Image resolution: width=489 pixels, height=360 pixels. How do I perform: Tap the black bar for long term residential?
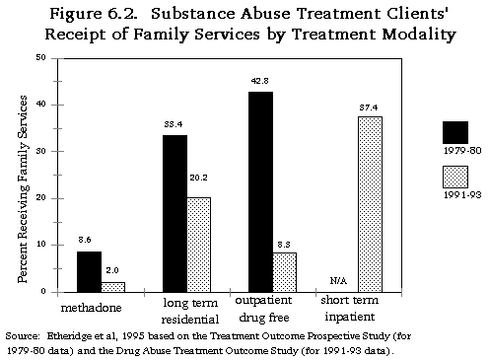[175, 213]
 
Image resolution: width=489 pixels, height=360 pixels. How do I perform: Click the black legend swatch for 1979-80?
[455, 133]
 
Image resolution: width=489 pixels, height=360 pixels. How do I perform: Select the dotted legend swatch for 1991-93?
[455, 178]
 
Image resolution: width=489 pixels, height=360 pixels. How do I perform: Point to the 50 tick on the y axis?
[39, 57]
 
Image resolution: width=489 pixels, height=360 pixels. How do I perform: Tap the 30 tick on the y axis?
[39, 151]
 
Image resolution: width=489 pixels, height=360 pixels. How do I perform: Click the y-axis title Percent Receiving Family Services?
[21, 175]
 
